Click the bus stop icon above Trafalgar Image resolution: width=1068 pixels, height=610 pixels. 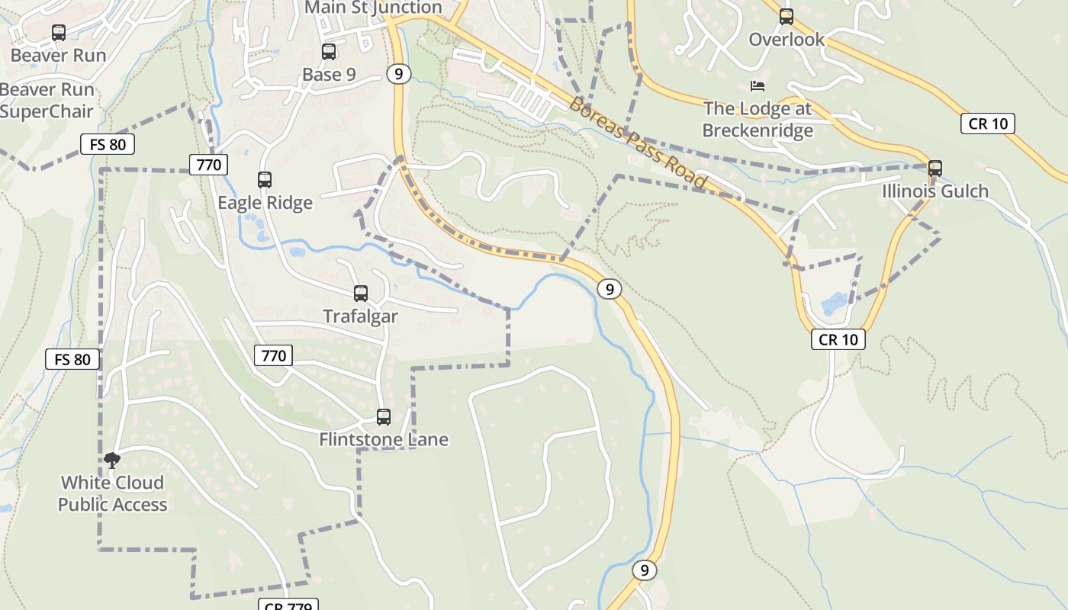(x=361, y=294)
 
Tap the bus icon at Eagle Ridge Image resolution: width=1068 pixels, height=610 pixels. (x=265, y=180)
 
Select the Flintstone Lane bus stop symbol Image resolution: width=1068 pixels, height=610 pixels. (x=384, y=417)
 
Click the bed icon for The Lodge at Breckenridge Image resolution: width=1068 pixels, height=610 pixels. (x=757, y=85)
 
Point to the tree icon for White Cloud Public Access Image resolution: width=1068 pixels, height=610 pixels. (x=112, y=460)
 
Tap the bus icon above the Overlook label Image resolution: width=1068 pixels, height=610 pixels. (x=787, y=16)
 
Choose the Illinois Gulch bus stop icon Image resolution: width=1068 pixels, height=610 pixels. (x=935, y=169)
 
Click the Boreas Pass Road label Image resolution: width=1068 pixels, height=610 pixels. (x=638, y=143)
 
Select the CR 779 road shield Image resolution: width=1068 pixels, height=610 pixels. (x=289, y=605)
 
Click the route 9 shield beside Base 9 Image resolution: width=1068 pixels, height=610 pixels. (x=398, y=74)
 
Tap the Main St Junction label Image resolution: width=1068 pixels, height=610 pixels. (x=373, y=8)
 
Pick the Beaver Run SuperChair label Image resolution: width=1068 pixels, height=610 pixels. (x=47, y=101)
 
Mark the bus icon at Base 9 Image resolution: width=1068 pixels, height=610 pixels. (x=329, y=52)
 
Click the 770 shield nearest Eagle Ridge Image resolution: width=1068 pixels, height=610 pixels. (x=208, y=165)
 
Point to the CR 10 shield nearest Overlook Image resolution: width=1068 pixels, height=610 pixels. (x=988, y=124)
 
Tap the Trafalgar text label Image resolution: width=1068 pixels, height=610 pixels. (x=360, y=316)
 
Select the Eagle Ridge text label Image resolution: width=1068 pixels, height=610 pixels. (x=265, y=203)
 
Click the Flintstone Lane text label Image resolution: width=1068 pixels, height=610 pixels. (x=384, y=440)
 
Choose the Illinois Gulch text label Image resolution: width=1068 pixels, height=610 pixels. (x=935, y=191)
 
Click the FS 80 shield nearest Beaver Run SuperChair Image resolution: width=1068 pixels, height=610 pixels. (x=108, y=144)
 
